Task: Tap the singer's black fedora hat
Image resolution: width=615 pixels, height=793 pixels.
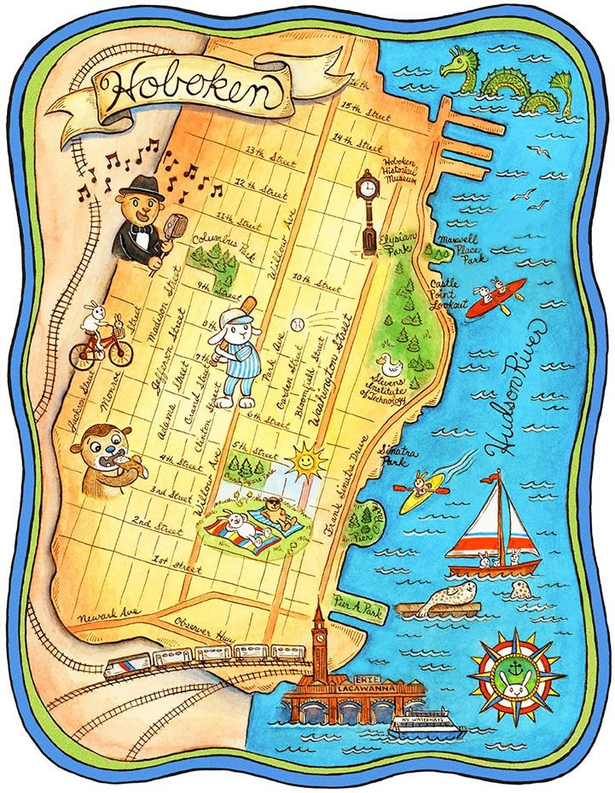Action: (142, 188)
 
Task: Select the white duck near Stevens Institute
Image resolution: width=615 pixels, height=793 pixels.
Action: (390, 364)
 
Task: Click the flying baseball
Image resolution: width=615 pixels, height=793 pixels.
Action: (297, 325)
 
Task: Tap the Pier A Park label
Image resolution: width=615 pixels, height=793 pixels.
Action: (361, 608)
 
